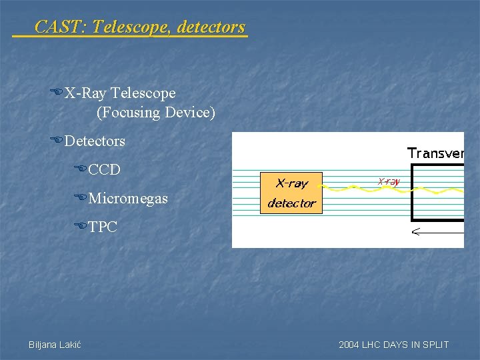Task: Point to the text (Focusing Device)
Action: pyautogui.click(x=156, y=112)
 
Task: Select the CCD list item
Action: pyautogui.click(x=104, y=169)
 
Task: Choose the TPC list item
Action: pyautogui.click(x=103, y=227)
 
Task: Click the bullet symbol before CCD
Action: pyautogui.click(x=80, y=169)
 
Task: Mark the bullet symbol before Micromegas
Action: pyautogui.click(x=80, y=198)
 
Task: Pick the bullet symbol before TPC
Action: pyautogui.click(x=80, y=227)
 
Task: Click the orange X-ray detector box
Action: pyautogui.click(x=291, y=193)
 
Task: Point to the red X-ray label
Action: pyautogui.click(x=389, y=181)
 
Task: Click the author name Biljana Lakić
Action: pyautogui.click(x=55, y=345)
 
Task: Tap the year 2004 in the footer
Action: pyautogui.click(x=349, y=345)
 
